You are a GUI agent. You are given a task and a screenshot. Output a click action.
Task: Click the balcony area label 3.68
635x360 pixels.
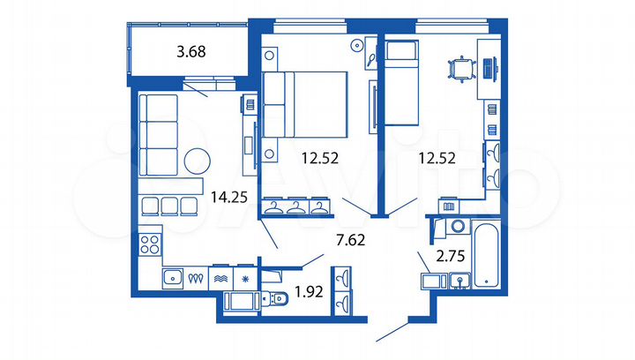click(x=191, y=51)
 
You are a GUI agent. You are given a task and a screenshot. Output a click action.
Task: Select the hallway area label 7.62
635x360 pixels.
click(x=347, y=238)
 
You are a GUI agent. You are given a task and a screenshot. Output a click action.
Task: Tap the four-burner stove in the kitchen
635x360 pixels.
click(x=148, y=244)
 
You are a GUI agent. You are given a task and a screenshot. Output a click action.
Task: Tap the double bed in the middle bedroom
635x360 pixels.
click(x=304, y=104)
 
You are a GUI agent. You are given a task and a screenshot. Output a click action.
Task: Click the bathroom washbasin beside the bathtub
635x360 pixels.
click(x=459, y=281)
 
